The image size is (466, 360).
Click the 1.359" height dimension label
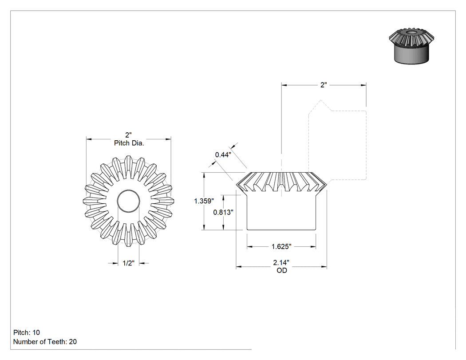click(204, 201)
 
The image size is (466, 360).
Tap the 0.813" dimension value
click(223, 212)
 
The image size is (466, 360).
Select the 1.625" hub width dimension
click(281, 246)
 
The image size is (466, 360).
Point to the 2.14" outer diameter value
click(281, 262)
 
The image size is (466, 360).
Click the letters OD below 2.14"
click(282, 270)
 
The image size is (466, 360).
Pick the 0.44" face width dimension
click(223, 154)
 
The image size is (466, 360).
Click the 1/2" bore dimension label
click(128, 263)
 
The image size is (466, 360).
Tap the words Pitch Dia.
click(129, 143)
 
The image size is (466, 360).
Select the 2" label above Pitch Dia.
click(128, 135)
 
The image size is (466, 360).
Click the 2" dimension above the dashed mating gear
click(324, 85)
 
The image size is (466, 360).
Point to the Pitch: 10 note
click(27, 332)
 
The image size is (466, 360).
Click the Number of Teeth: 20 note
click(45, 341)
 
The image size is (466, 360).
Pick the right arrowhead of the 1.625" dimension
click(313, 246)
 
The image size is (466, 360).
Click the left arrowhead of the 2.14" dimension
click(239, 267)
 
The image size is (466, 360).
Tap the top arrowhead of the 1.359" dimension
click(204, 175)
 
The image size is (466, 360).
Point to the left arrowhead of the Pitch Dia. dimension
click(89, 139)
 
